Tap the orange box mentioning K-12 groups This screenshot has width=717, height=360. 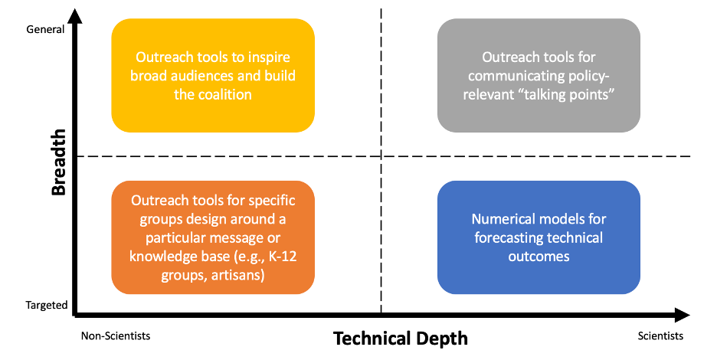(x=213, y=237)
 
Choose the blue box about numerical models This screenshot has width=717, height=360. (x=539, y=237)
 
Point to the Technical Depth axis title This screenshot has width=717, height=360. (x=400, y=338)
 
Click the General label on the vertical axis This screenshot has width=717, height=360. (x=45, y=30)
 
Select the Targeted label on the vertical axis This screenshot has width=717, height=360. (x=47, y=305)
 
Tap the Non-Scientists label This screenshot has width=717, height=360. (x=116, y=336)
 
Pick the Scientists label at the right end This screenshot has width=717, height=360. (x=660, y=336)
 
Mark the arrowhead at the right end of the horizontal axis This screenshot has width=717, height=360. (x=683, y=314)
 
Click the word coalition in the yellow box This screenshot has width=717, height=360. (x=224, y=94)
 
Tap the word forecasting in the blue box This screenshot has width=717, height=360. (x=509, y=237)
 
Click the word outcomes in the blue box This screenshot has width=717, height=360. (x=539, y=256)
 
